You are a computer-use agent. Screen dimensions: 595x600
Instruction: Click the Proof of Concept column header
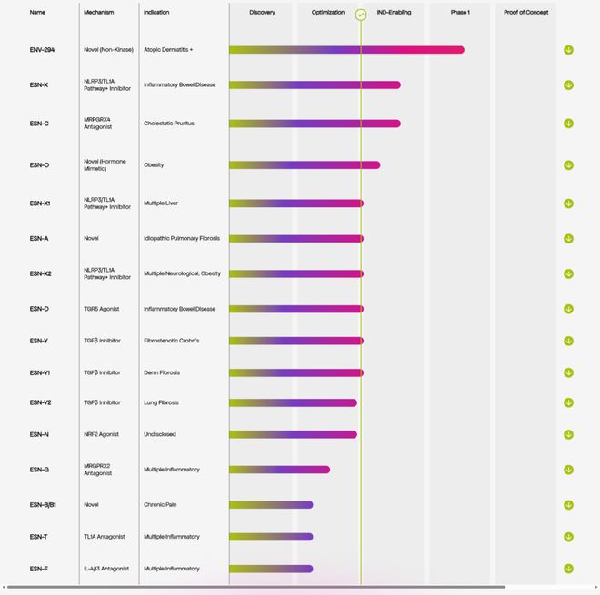[x=525, y=13]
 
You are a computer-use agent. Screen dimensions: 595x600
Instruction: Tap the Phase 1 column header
[x=460, y=13]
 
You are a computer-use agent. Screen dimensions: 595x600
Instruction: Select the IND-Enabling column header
[x=394, y=13]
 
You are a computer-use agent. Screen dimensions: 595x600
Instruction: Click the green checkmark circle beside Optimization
[x=361, y=15]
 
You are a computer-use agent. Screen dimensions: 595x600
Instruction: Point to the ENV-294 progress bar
[x=346, y=50]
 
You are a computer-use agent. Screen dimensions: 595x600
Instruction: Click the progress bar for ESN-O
[x=305, y=165]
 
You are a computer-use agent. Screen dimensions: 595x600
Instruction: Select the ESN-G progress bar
[x=279, y=470]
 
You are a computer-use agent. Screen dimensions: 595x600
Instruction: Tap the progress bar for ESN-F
[x=271, y=569]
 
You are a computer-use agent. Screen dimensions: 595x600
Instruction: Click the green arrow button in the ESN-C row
[x=568, y=124]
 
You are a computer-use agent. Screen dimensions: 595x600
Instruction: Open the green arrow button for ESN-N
[x=568, y=434]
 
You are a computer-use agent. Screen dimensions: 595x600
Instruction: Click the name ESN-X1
[x=40, y=203]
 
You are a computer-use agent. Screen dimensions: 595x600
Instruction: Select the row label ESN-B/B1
[x=43, y=504]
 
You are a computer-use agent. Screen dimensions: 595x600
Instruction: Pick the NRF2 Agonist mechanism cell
[x=101, y=434]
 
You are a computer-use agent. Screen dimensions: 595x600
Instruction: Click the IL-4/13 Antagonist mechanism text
[x=106, y=569]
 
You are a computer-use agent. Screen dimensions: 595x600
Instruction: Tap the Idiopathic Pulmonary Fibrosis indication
[x=182, y=239]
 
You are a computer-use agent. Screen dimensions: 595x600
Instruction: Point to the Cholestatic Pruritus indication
[x=169, y=124]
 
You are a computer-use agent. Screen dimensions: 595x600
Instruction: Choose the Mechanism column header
[x=99, y=13]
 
